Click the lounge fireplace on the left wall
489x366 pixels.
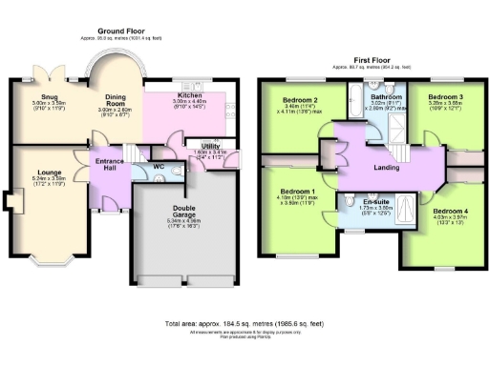tap(9, 202)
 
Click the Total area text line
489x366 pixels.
tap(244, 323)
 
